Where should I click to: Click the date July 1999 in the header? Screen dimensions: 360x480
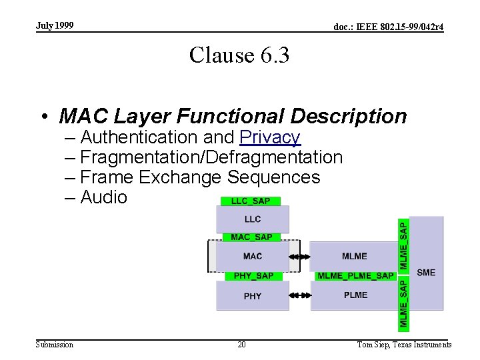pos(55,26)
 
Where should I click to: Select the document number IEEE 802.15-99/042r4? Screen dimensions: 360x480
pos(389,27)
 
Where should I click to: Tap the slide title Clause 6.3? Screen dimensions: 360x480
pos(239,55)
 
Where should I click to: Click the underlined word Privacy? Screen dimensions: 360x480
pos(270,137)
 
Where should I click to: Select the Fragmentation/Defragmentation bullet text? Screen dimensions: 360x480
pos(211,157)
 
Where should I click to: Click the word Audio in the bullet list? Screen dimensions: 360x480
pos(103,197)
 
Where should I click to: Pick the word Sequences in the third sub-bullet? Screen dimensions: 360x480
pos(274,177)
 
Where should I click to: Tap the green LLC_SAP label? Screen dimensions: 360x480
pos(250,201)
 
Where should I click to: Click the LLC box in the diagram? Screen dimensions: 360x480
pos(253,219)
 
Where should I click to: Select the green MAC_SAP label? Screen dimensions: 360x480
pos(251,237)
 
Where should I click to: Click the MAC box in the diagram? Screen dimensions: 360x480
pos(253,256)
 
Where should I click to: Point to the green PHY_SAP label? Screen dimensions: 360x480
pos(253,276)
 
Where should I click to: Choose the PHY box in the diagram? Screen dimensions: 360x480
pos(253,296)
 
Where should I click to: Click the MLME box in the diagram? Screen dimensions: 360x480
pos(354,256)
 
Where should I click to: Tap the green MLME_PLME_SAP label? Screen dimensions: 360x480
pos(355,276)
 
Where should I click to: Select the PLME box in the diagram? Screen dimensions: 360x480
pos(355,295)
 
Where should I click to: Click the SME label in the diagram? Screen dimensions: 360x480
pos(426,272)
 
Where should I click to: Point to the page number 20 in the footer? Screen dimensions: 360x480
pos(241,345)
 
